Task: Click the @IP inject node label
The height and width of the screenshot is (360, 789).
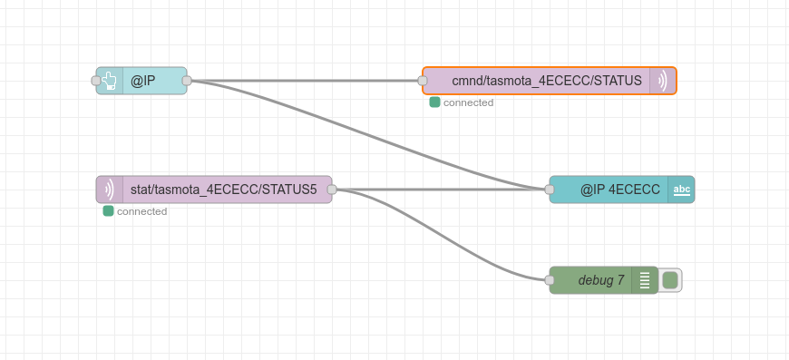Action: click(143, 81)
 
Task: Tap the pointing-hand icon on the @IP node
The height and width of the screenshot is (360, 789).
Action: click(109, 81)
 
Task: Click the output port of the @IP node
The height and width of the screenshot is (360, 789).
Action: click(187, 81)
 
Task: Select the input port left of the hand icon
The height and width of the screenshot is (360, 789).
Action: click(96, 81)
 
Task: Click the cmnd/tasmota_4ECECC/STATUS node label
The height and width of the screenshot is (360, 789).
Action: click(547, 81)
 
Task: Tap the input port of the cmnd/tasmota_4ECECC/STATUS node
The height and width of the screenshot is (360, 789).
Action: click(423, 81)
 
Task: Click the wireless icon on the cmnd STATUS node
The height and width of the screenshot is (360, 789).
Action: click(663, 81)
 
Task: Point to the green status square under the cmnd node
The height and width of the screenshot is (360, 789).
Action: click(434, 102)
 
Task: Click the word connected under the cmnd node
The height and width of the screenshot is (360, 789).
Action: click(469, 102)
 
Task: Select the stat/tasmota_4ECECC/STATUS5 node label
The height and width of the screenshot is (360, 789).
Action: click(224, 190)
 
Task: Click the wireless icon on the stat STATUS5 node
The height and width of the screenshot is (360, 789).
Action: click(109, 190)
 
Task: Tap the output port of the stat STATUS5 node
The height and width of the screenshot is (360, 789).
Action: click(332, 190)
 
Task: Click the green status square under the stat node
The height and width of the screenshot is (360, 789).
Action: click(108, 211)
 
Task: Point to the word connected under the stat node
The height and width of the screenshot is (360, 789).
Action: click(141, 211)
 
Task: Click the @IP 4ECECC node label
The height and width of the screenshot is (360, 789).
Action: click(620, 190)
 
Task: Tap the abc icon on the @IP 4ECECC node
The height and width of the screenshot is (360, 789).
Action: click(682, 190)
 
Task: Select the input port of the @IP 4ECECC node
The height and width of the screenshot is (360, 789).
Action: click(550, 190)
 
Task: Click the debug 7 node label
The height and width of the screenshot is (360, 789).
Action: click(601, 280)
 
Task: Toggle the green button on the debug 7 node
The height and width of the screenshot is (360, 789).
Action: click(670, 280)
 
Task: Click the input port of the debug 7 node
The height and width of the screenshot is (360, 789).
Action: click(550, 280)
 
